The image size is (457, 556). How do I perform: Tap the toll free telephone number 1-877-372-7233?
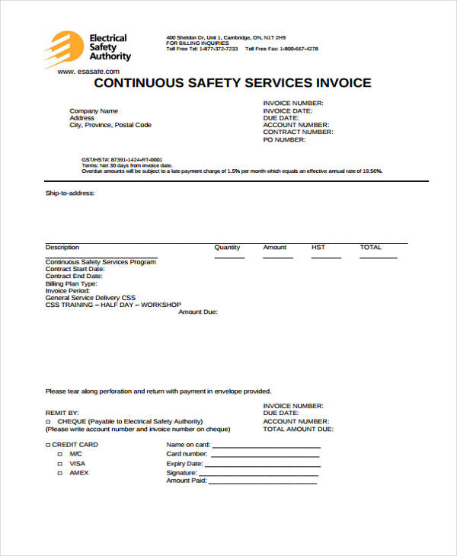click(x=218, y=49)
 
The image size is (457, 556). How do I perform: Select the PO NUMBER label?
click(x=284, y=139)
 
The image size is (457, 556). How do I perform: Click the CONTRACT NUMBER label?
click(x=298, y=132)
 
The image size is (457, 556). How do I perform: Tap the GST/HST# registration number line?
click(x=121, y=160)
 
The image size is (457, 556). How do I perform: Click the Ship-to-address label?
click(x=70, y=193)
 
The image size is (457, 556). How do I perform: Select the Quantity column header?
click(x=227, y=248)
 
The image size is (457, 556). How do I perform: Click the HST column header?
click(x=318, y=248)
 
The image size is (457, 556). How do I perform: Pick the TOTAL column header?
click(x=370, y=248)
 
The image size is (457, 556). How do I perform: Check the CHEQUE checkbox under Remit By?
click(x=48, y=421)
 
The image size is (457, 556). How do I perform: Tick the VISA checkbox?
click(x=59, y=463)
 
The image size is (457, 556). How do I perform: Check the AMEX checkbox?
click(x=59, y=473)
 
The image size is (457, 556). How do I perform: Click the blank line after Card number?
click(x=264, y=454)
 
